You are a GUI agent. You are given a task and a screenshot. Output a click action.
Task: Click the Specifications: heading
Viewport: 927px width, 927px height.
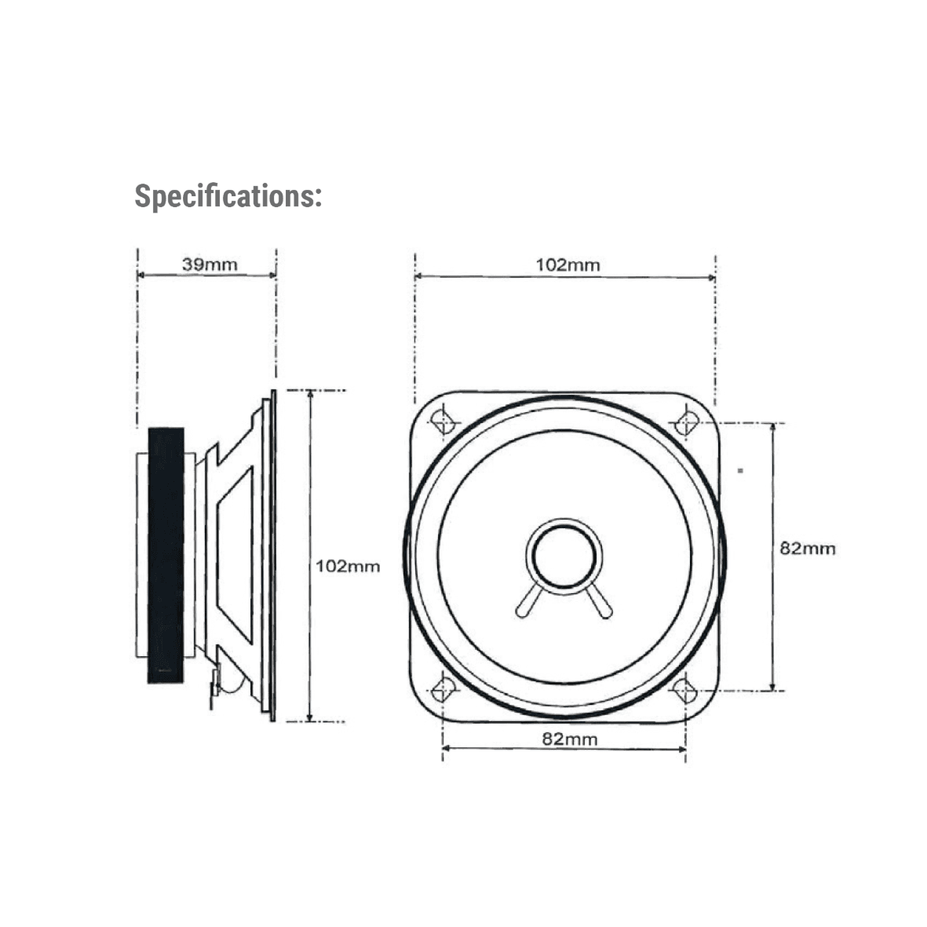(x=228, y=196)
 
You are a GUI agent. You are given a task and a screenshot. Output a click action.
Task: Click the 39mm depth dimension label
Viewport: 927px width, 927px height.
(x=210, y=265)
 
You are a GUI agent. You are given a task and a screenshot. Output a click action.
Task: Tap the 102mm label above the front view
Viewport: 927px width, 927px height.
(x=568, y=265)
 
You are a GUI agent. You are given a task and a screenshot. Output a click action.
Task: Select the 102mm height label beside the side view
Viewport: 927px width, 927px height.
(x=348, y=567)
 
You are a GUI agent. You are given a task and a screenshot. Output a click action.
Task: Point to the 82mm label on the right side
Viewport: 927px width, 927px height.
(x=808, y=549)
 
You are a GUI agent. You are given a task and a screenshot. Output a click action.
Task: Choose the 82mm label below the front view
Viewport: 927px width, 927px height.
(x=570, y=739)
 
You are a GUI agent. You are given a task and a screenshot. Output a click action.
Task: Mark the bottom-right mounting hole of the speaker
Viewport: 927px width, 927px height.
(x=685, y=690)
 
